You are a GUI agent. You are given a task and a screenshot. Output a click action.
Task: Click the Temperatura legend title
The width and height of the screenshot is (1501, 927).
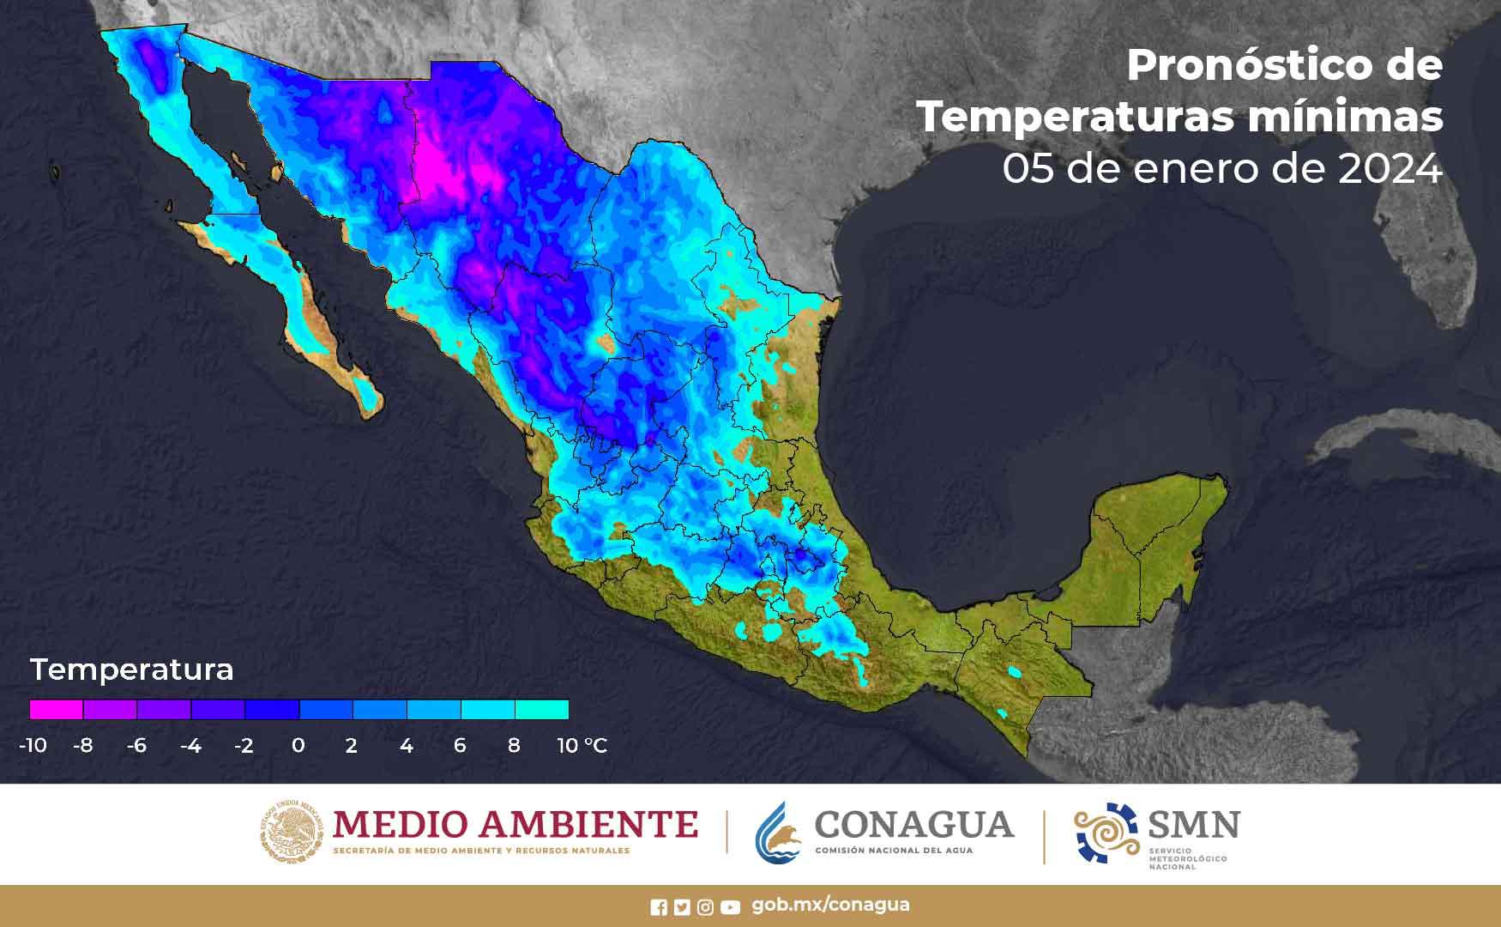coord(131,669)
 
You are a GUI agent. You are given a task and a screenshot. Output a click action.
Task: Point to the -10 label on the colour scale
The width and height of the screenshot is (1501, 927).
coord(33,745)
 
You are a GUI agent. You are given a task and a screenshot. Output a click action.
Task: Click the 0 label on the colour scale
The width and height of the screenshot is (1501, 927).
coord(298,745)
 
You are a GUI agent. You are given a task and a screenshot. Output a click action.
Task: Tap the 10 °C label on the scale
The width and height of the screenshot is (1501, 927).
coord(582,745)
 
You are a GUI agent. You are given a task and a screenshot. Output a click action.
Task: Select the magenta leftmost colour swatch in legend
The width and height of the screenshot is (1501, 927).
coord(57,710)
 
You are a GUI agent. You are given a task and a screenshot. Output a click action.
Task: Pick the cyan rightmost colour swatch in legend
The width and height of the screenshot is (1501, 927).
coord(541,710)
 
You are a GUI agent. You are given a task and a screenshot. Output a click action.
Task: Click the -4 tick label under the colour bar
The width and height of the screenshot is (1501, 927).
coord(190,745)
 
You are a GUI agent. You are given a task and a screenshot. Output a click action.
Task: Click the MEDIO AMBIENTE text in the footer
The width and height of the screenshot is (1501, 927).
coord(515,825)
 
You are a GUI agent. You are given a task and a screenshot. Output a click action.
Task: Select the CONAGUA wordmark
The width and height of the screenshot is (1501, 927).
coord(913,825)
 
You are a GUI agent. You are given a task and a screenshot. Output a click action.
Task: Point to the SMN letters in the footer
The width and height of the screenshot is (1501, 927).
coord(1193,825)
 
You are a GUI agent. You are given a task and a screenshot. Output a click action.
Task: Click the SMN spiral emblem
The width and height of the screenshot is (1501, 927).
coord(1106,833)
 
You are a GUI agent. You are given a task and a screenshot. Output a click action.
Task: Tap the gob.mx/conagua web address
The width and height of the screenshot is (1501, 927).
coord(830,905)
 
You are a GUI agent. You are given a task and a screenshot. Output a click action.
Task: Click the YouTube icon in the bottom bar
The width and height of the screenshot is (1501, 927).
coord(730,907)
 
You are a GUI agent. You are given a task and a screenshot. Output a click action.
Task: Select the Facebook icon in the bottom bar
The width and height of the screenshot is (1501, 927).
coord(659,907)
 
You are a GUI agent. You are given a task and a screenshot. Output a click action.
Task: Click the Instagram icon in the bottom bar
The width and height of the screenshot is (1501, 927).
coord(705,907)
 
